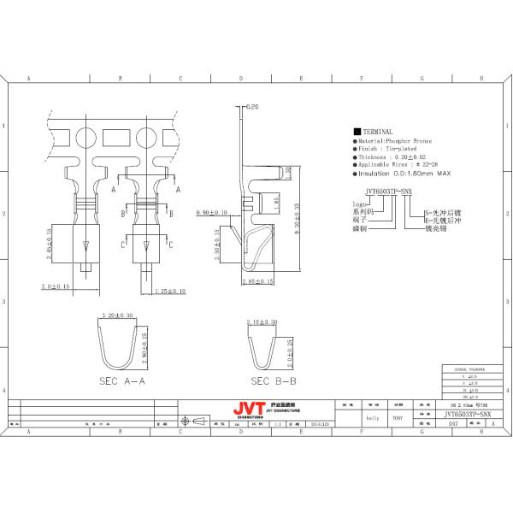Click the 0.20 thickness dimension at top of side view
[251, 108]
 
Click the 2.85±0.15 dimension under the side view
[256, 280]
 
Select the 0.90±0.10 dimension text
[211, 212]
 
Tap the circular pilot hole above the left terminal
[86, 138]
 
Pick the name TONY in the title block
[398, 418]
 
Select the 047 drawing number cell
[453, 423]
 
